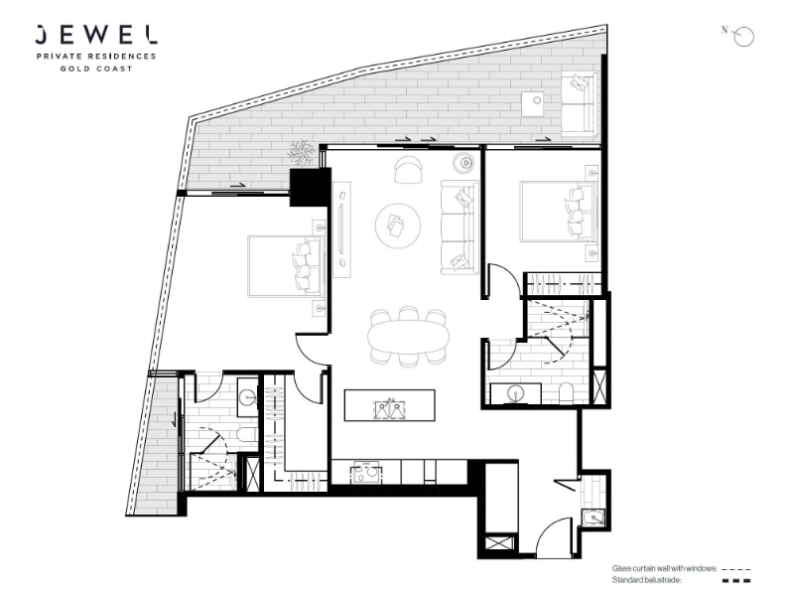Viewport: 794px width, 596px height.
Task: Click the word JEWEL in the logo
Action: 95,35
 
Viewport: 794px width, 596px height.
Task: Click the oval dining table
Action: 408,337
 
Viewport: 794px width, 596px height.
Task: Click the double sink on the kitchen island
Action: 389,409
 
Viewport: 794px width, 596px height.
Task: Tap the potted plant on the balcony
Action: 302,152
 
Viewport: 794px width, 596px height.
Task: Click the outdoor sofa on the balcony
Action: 580,104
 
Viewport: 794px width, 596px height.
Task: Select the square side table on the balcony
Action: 533,104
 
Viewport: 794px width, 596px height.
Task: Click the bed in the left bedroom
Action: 286,266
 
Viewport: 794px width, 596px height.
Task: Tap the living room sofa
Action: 460,227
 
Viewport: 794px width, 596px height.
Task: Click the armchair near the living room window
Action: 408,169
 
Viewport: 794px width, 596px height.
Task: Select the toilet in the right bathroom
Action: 566,393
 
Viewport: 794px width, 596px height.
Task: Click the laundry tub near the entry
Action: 593,518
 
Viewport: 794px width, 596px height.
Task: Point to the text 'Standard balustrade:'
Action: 646,581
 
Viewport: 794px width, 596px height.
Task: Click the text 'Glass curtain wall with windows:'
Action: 664,569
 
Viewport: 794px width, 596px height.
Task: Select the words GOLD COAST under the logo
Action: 96,69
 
